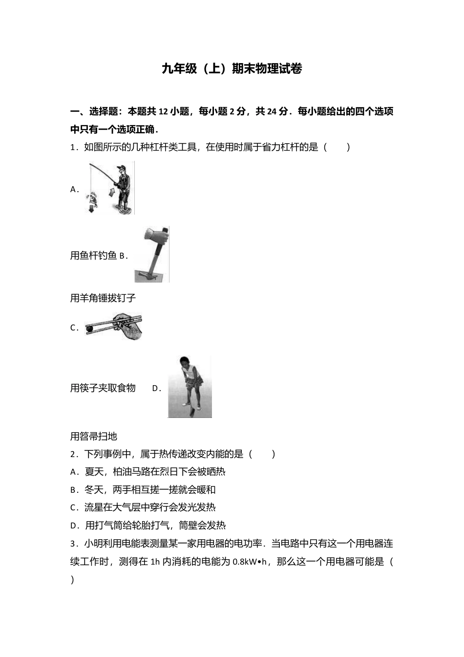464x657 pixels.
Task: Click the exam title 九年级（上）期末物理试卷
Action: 232,69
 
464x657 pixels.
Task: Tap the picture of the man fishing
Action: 111,188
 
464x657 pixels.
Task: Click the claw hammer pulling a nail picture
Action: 152,254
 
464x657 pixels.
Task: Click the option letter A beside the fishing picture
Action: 74,190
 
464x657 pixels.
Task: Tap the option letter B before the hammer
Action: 123,256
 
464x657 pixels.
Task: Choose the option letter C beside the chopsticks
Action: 74,328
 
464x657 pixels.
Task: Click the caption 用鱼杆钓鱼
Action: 93,255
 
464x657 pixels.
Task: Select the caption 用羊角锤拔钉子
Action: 103,298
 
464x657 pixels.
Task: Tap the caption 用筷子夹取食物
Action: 103,388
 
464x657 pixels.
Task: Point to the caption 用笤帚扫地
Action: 93,436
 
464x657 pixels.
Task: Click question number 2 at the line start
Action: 73,454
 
